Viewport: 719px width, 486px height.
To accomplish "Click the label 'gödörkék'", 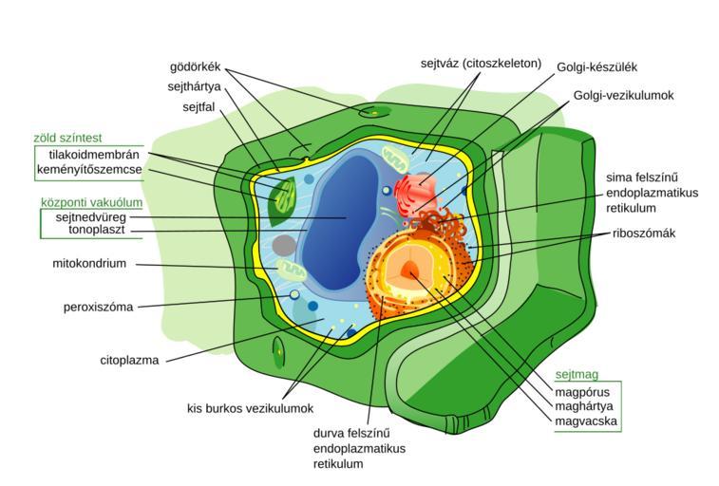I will (195, 66).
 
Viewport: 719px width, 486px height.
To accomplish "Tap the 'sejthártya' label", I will (192, 86).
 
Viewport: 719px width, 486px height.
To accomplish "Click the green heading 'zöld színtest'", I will (70, 138).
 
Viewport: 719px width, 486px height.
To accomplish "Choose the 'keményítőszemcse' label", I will (89, 170).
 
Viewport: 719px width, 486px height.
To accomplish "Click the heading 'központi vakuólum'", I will (91, 201).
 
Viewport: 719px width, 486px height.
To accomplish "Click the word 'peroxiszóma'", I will (99, 307).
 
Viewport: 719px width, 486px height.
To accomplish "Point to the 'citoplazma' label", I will (129, 361).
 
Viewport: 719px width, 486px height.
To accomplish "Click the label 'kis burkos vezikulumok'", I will (250, 408).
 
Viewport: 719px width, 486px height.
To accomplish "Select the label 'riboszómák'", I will (644, 233).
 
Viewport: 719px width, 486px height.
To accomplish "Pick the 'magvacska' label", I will (588, 421).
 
